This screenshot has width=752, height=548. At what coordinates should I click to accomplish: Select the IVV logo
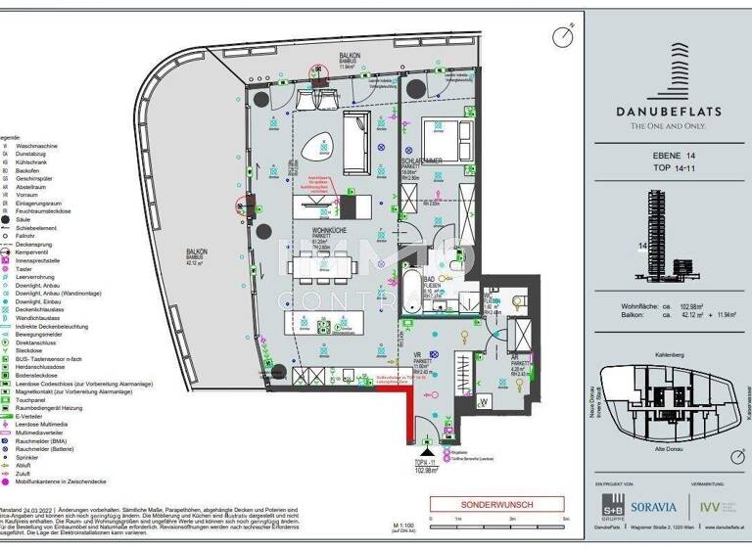712,506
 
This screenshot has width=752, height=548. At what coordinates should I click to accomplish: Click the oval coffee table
321,150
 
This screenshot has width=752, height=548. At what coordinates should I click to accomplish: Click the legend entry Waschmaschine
39,144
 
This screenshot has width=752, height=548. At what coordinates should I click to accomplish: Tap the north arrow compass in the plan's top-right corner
561,37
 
